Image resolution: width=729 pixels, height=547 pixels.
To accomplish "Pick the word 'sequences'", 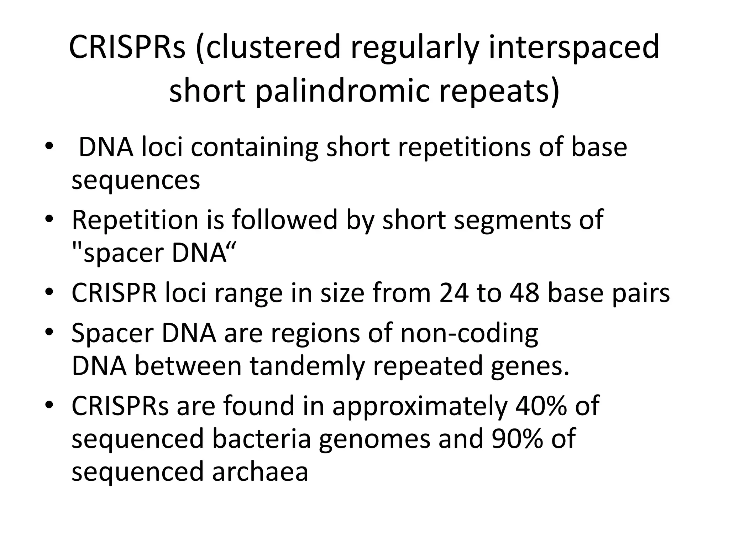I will tap(136, 180).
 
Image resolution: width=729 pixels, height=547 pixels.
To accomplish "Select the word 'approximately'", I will tap(419, 406).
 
